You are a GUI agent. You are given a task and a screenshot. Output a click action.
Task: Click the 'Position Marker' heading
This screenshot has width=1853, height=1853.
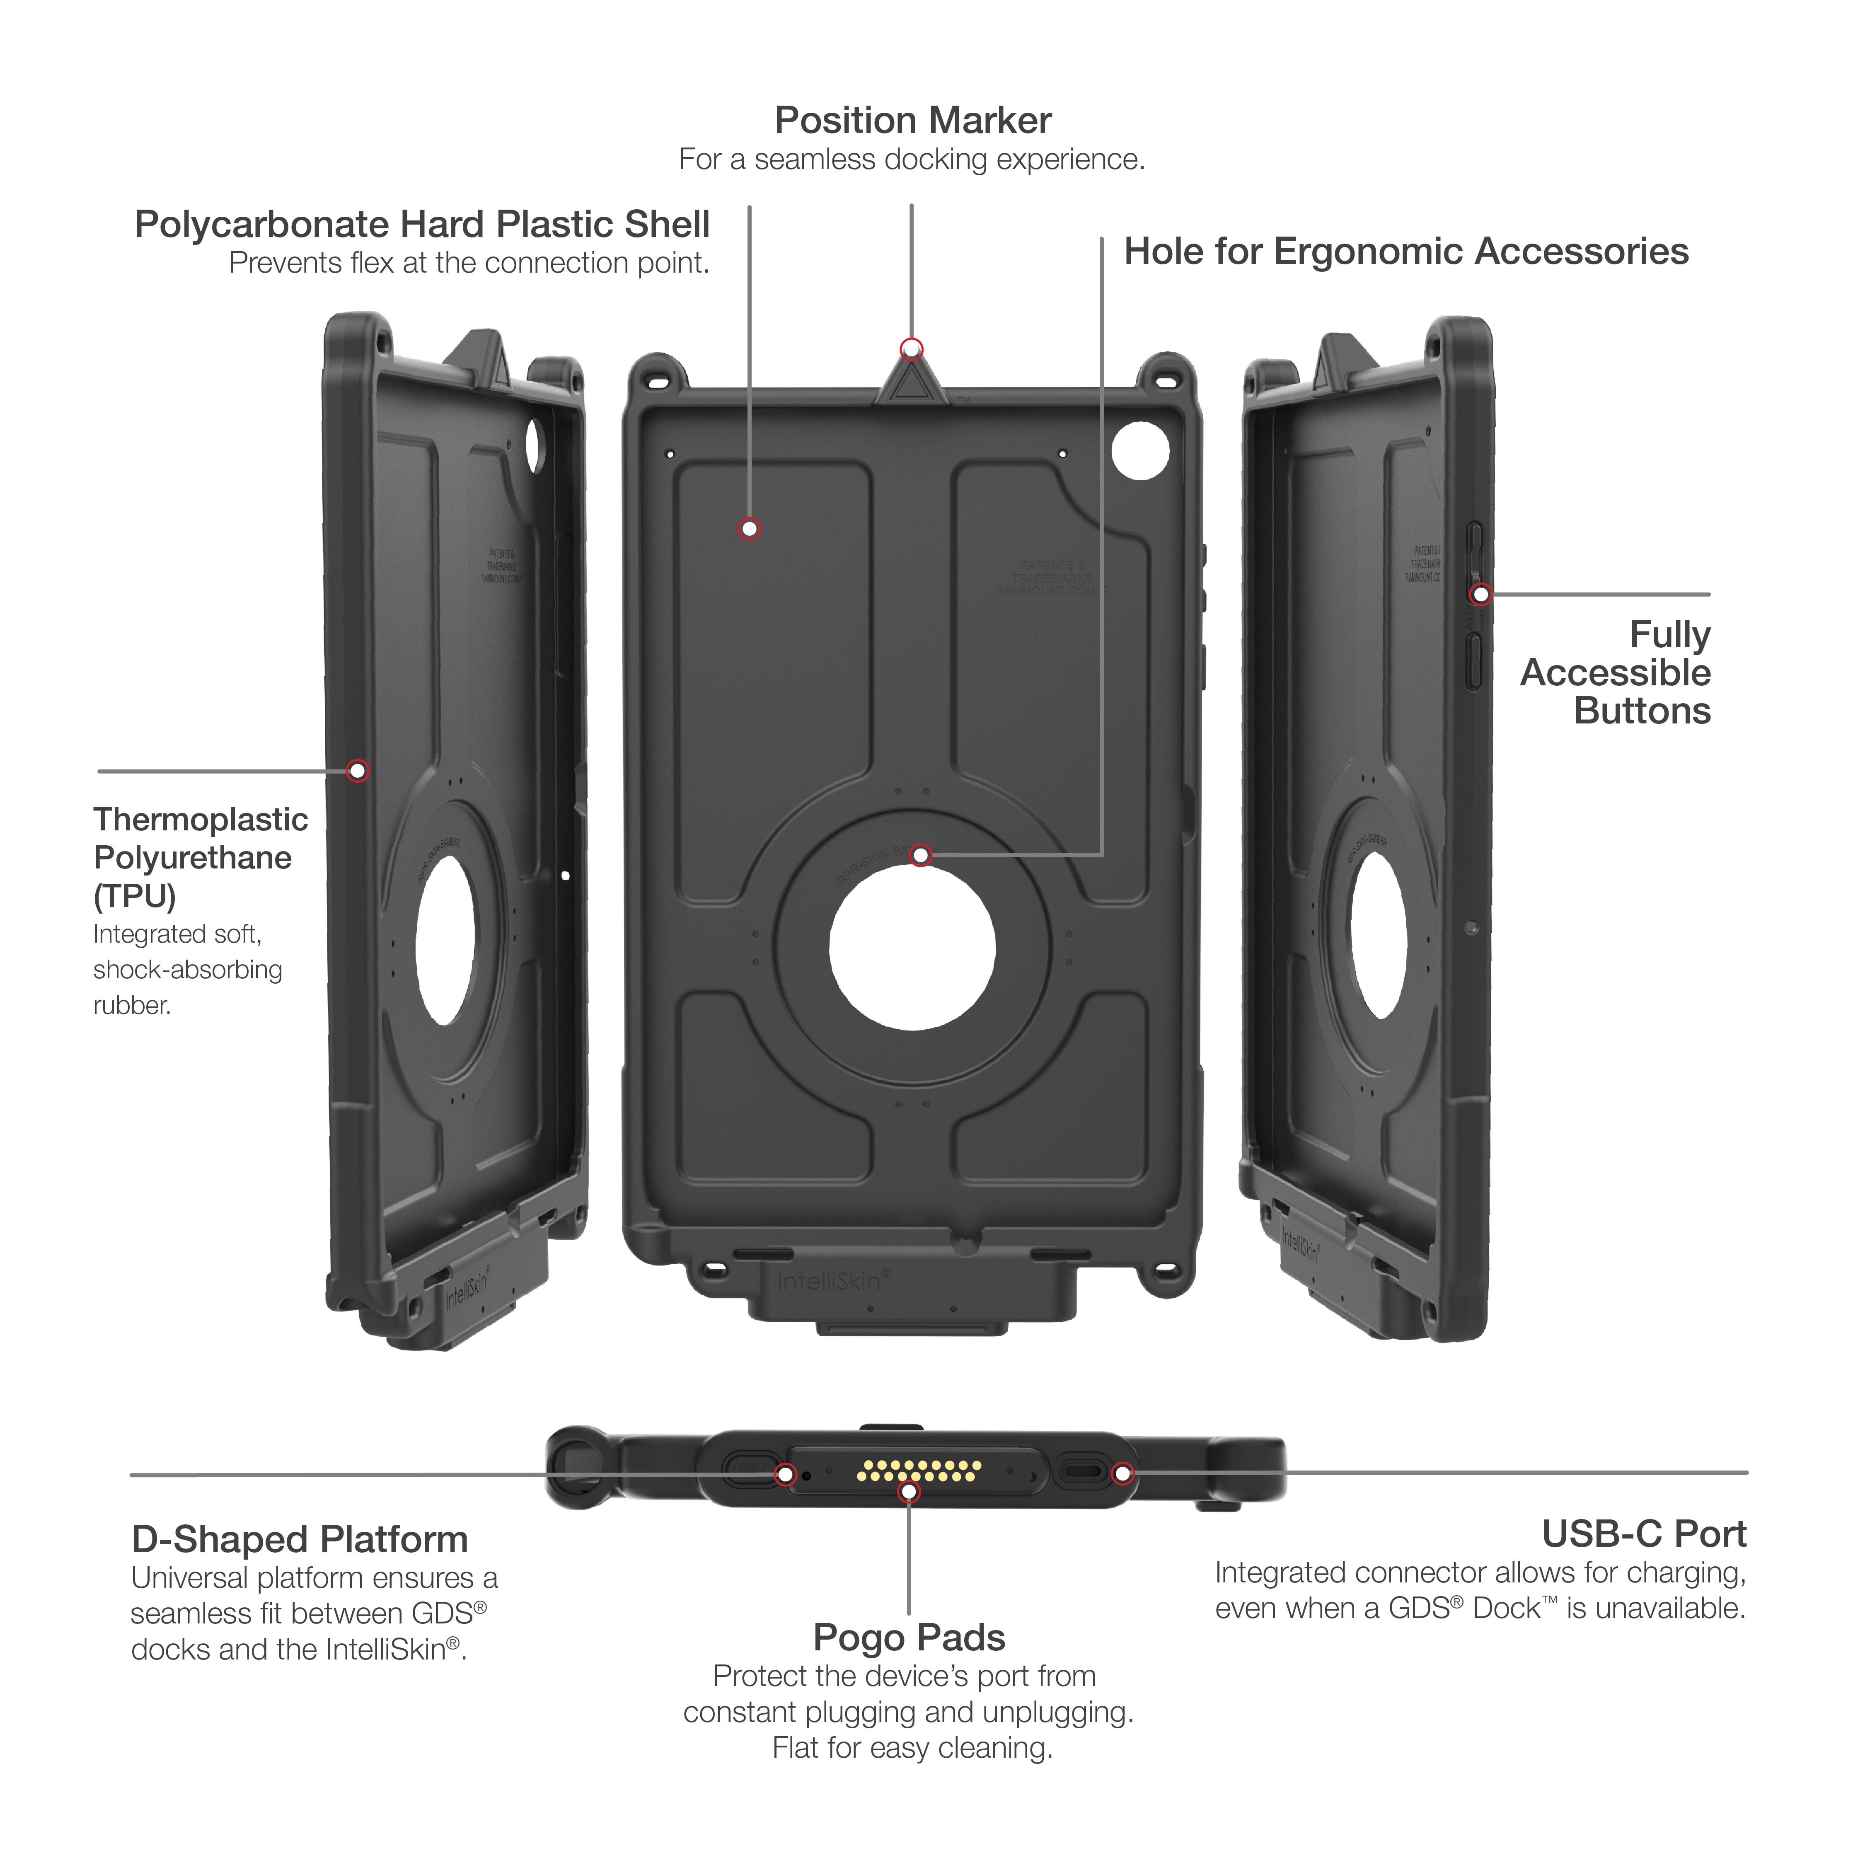(912, 121)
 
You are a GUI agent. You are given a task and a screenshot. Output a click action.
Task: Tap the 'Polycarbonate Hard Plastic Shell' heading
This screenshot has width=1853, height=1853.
(422, 225)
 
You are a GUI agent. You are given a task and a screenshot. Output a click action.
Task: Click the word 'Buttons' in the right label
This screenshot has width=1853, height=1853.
(1642, 711)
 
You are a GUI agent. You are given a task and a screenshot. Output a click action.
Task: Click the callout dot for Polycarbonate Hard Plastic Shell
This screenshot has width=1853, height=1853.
(750, 528)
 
